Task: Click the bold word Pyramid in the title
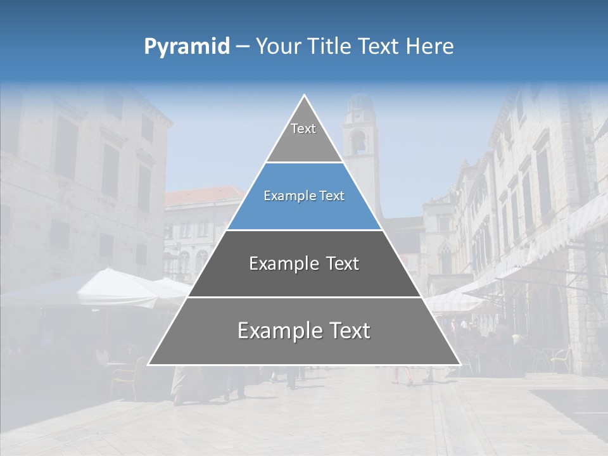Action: click(x=186, y=47)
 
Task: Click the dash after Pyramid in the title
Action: click(x=242, y=47)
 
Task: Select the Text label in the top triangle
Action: click(x=303, y=129)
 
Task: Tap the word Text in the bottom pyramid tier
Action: click(x=348, y=331)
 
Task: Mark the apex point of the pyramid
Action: click(x=305, y=95)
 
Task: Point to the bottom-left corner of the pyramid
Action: click(x=148, y=365)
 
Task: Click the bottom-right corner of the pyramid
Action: click(x=460, y=365)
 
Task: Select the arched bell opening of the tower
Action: click(x=358, y=142)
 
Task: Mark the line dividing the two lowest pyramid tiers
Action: click(x=304, y=297)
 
